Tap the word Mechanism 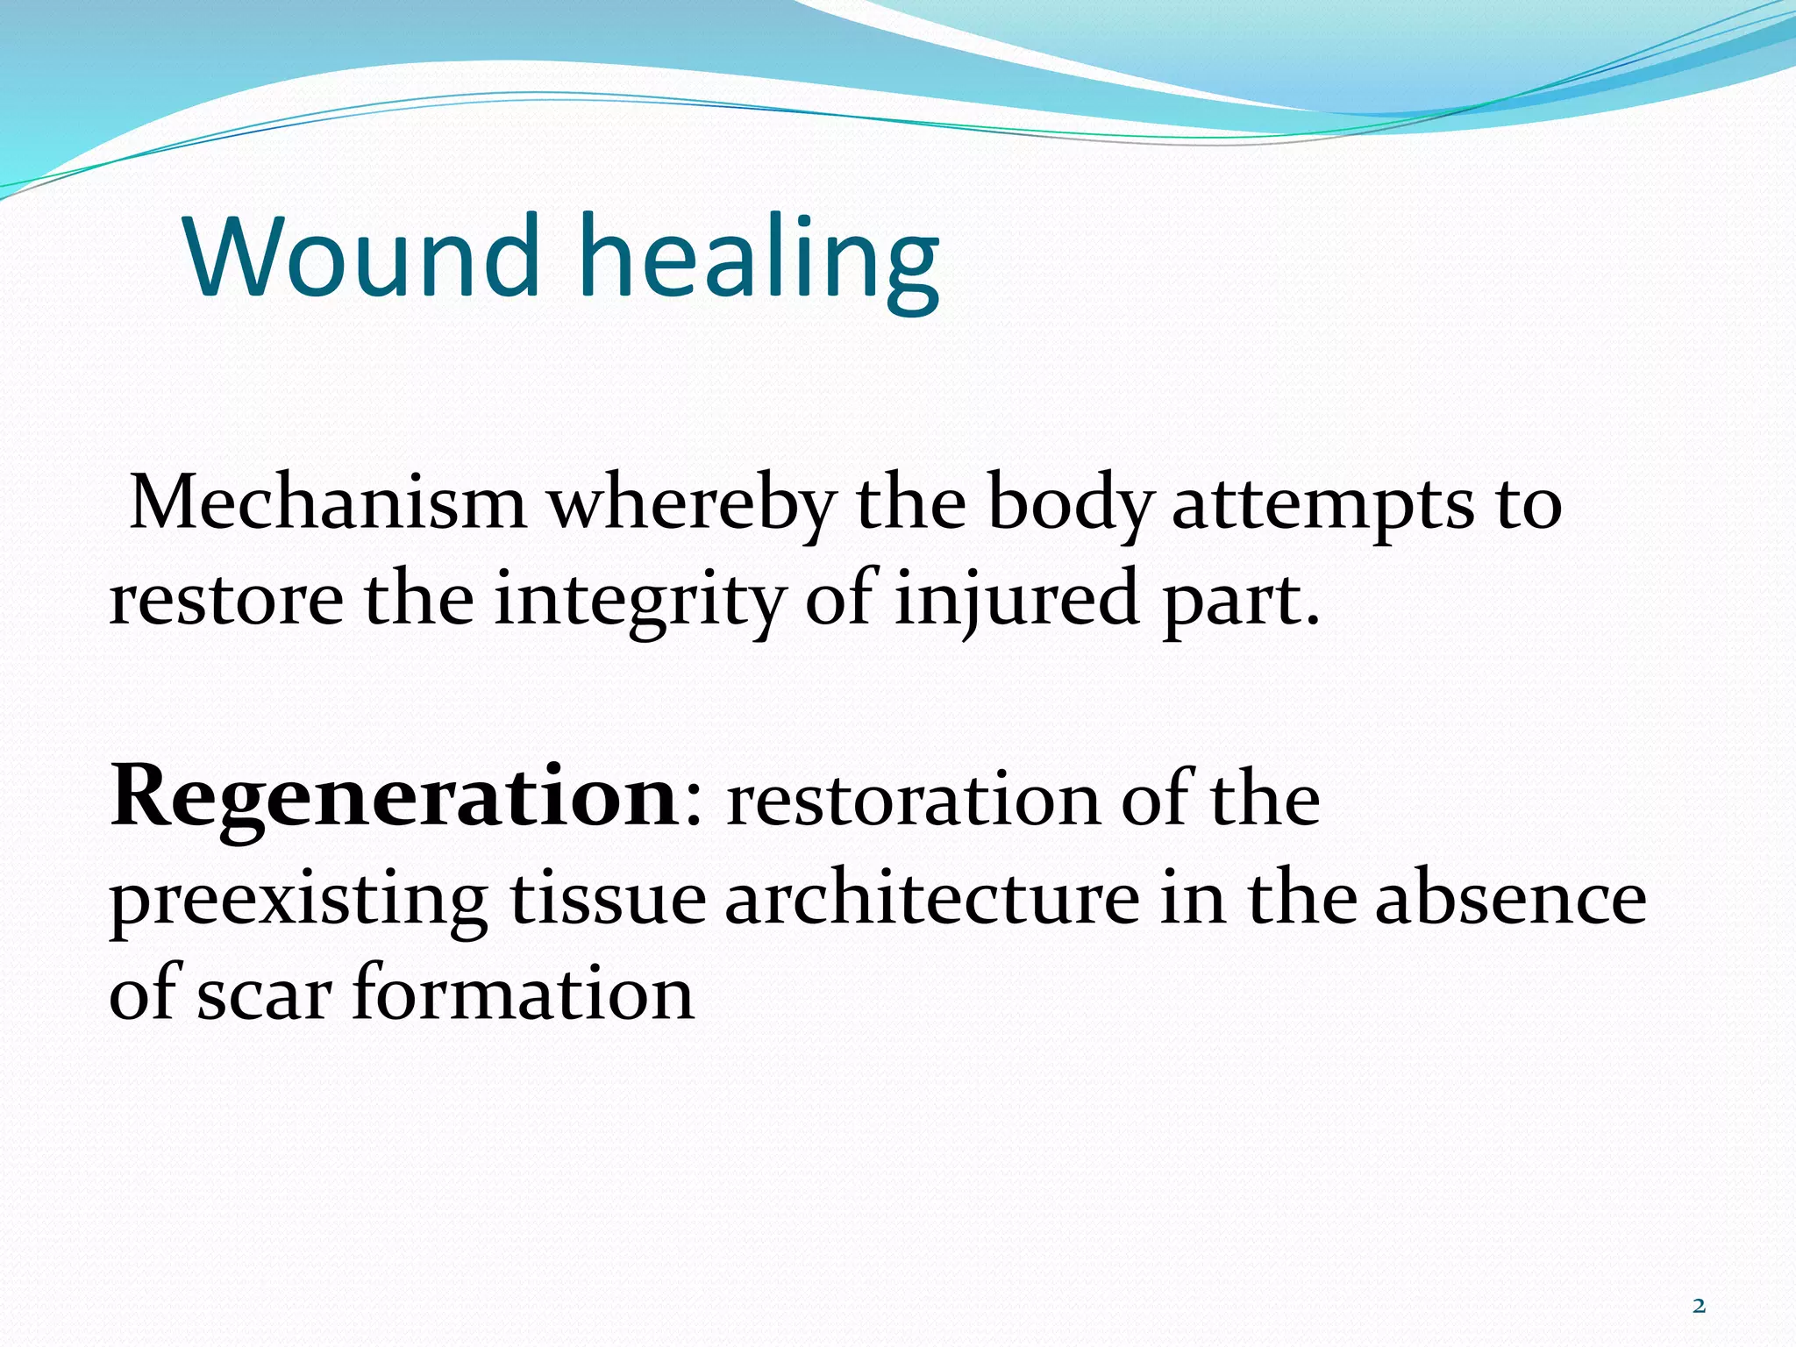point(328,504)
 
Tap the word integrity point(638,603)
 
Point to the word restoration point(913,800)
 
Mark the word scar point(264,995)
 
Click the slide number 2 point(1699,1307)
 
